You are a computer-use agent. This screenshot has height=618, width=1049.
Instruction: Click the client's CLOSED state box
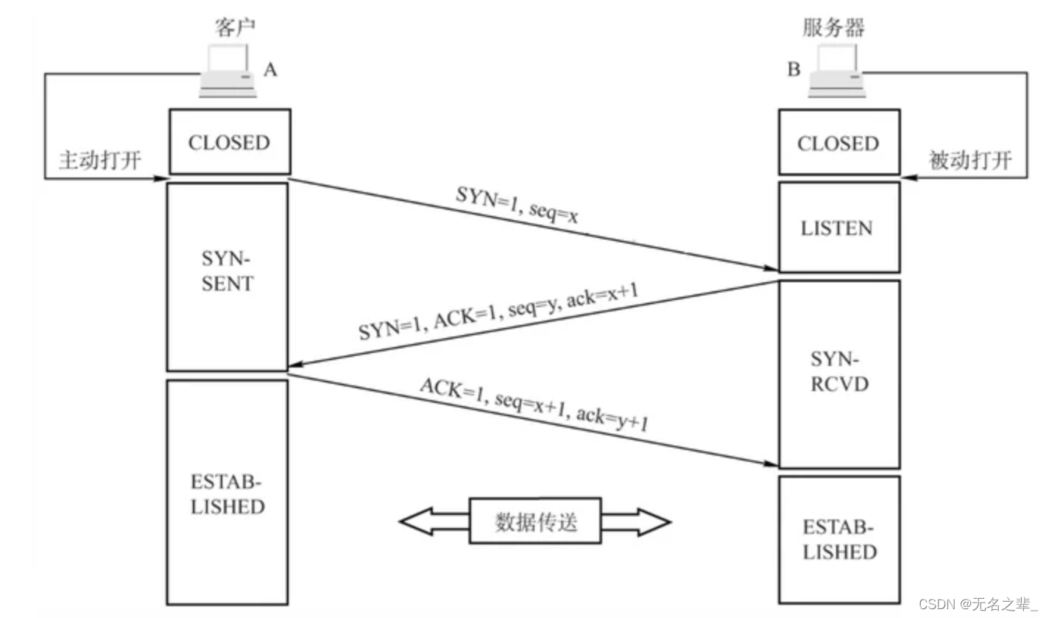230,142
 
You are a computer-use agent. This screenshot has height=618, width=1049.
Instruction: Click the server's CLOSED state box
838,143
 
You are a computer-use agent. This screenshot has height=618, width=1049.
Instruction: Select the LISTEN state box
838,228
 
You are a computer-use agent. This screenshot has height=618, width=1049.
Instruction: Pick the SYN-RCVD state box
838,373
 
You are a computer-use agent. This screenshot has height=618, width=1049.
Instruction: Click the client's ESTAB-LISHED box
227,492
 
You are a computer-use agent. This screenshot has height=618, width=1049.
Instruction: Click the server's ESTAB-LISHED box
838,540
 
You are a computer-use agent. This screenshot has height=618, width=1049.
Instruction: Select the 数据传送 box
535,521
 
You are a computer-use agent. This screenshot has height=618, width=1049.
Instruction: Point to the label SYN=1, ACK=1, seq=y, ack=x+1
498,312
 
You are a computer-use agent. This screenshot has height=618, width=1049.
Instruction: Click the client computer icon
229,71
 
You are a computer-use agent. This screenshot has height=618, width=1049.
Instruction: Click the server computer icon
836,71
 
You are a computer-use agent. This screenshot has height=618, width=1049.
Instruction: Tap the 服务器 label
833,27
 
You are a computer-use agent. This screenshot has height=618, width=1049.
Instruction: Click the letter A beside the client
270,70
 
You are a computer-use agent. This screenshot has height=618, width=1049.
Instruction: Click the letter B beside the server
794,70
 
